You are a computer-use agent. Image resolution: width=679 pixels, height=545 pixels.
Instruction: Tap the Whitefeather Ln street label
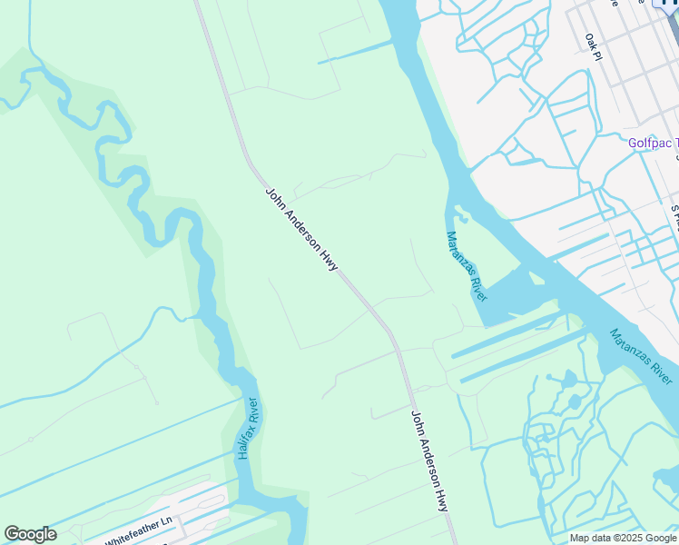(138, 528)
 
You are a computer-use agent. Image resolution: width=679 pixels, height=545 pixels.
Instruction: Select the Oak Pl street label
(594, 46)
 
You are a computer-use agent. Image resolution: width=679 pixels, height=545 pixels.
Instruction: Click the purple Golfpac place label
(653, 143)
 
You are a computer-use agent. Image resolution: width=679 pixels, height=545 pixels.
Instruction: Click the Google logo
(30, 534)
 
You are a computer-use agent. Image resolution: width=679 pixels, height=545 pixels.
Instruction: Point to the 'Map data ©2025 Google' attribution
(624, 538)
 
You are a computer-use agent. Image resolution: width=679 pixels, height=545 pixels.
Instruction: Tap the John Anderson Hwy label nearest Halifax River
(301, 229)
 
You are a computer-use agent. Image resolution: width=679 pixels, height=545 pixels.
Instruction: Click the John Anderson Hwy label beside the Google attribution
(430, 461)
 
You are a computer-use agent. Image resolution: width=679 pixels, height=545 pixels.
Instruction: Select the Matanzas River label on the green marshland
(467, 266)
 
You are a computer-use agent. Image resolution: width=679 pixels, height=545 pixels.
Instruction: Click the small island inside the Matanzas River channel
(462, 216)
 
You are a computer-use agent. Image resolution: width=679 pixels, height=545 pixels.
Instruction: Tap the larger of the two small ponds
(569, 379)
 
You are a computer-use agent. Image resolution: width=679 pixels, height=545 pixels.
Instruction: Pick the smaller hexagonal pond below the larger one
(575, 401)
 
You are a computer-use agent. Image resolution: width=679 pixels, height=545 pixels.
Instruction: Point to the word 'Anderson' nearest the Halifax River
(301, 227)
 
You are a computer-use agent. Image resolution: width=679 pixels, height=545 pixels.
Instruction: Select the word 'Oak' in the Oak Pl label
(590, 42)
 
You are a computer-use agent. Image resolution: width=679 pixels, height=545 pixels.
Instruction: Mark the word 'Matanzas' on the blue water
(631, 346)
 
